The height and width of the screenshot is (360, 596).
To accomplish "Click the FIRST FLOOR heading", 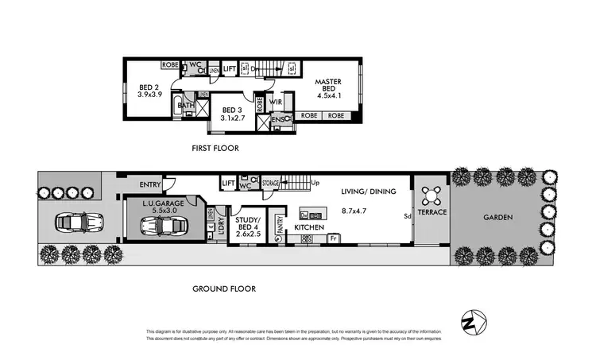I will click(215, 148).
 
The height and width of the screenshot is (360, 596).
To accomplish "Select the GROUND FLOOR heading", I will click(224, 288).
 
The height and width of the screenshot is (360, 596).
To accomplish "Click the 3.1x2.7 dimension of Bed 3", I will click(232, 118).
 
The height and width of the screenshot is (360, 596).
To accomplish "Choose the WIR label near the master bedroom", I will click(277, 102).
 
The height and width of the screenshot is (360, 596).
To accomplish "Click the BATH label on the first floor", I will click(187, 105).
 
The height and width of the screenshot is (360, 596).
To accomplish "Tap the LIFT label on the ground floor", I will click(229, 184).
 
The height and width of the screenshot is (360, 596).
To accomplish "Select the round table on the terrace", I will click(432, 194).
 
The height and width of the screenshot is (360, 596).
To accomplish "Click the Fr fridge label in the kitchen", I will click(334, 238).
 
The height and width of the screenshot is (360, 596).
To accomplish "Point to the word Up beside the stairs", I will click(315, 182).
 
